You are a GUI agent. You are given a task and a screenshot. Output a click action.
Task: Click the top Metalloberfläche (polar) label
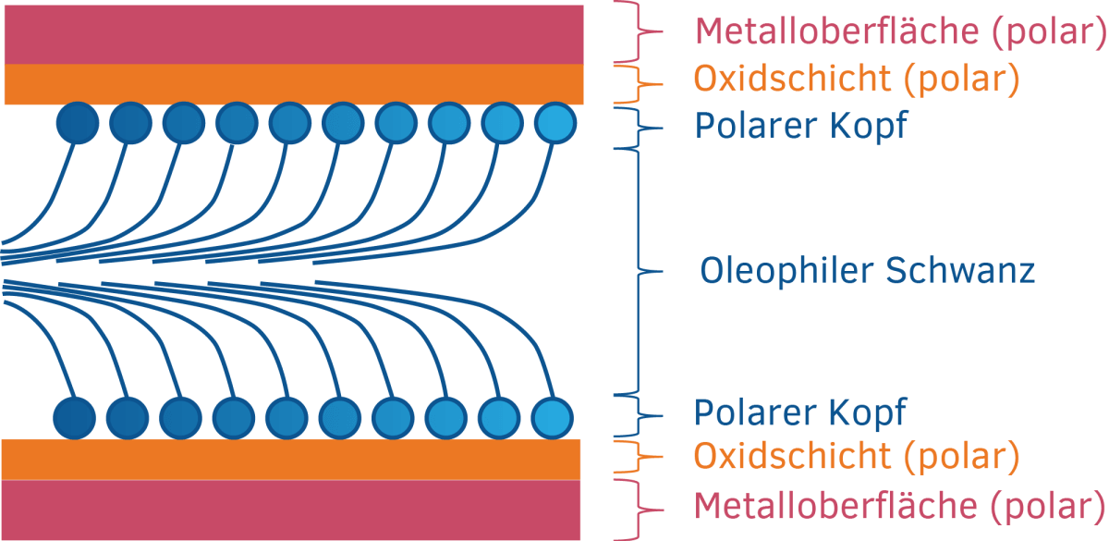[x=900, y=31]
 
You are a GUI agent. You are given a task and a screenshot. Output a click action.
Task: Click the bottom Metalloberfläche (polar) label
[x=899, y=506]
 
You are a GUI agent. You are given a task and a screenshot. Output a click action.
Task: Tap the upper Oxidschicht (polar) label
[x=857, y=79]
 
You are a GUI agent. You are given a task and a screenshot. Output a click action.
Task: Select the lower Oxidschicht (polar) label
[x=857, y=456]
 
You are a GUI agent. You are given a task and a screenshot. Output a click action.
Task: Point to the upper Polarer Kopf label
[x=801, y=126]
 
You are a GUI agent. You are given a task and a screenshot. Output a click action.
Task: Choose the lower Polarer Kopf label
[x=800, y=412]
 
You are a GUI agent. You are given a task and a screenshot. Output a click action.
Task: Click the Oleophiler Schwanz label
[x=868, y=271]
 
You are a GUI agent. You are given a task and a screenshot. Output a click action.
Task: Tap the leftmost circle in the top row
[x=78, y=123]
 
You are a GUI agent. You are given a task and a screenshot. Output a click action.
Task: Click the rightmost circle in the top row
[x=555, y=123]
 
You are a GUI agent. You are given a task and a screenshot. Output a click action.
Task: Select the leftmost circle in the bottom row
[x=74, y=418]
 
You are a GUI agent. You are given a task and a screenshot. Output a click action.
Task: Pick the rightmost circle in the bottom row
[x=553, y=418]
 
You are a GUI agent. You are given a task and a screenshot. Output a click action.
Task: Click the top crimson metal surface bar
[x=294, y=35]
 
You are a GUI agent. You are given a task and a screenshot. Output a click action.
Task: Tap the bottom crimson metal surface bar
[x=291, y=510]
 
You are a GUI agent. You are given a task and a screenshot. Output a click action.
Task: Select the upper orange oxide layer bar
[x=294, y=84]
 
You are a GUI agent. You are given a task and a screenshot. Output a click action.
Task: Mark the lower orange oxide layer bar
[x=291, y=460]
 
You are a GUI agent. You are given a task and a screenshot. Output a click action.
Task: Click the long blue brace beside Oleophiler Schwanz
[x=639, y=272]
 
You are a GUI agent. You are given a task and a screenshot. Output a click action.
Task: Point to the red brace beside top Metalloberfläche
[x=639, y=31]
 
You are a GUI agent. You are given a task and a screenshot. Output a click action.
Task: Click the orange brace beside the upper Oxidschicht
[x=639, y=85]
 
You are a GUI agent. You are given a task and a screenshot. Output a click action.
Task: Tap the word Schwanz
[x=960, y=271]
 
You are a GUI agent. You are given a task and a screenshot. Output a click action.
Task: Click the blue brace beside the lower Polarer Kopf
[x=639, y=416]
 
